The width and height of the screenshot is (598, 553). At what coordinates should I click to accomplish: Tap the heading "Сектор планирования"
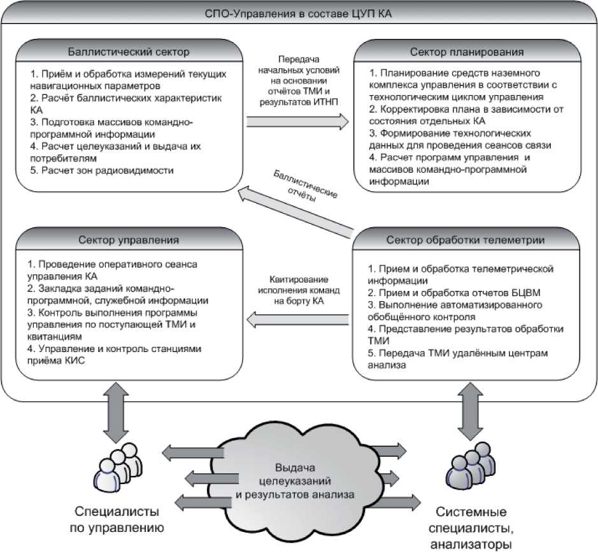click(x=466, y=52)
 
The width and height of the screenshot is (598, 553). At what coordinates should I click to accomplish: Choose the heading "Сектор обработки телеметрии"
click(x=466, y=240)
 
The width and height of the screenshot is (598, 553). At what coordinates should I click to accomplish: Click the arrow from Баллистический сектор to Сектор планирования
click(x=298, y=121)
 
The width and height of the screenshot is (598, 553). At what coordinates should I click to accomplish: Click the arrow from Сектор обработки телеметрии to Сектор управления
click(x=298, y=316)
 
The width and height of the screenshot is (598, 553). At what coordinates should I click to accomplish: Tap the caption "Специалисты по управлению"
click(x=117, y=520)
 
